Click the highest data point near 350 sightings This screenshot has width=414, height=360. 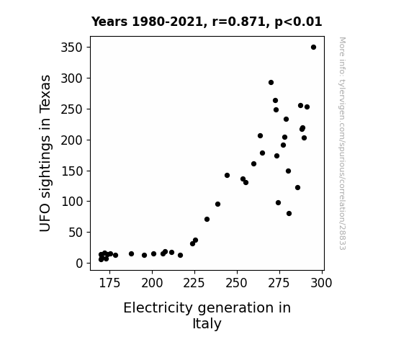point(313,48)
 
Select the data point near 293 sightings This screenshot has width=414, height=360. point(271,82)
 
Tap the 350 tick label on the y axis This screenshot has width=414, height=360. point(72,48)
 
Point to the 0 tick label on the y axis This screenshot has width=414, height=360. point(79,264)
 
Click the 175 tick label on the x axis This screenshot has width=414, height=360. point(109,284)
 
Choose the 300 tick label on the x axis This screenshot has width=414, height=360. point(321,284)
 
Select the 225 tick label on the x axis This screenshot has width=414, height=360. point(194,284)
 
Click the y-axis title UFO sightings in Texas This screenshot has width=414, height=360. point(45,153)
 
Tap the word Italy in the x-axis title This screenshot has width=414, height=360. point(207,324)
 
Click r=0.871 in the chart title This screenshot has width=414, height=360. point(239,22)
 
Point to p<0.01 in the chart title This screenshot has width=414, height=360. point(298,22)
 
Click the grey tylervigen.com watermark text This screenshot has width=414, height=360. point(342,143)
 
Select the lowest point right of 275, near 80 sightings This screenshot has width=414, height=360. point(289,213)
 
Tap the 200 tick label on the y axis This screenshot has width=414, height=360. point(72,140)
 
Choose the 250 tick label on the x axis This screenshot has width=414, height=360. point(237,284)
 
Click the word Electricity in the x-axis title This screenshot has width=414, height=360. point(158,308)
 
